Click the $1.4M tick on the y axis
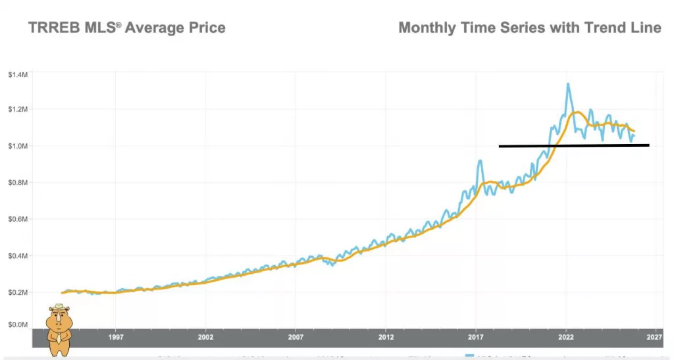point(18,75)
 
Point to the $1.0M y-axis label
point(18,145)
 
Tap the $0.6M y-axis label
point(18,219)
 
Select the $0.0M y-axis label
point(18,324)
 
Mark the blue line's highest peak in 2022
point(567,84)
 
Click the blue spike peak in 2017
point(480,161)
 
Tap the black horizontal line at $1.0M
point(573,145)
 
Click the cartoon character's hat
point(59,307)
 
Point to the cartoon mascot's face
point(59,321)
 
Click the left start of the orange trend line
point(63,293)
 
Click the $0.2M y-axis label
point(18,292)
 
